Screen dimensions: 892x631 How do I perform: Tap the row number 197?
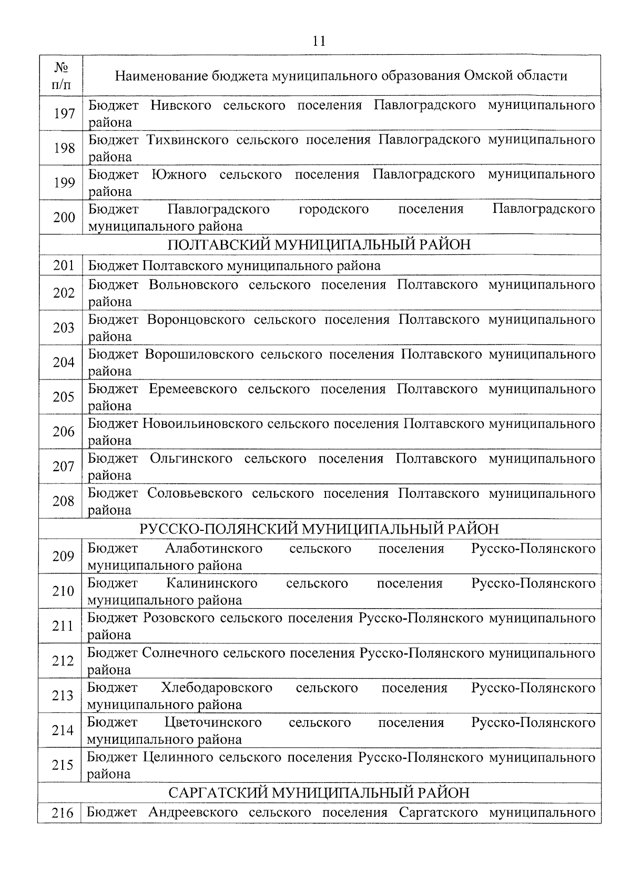point(64,113)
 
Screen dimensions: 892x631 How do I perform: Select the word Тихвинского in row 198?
point(188,140)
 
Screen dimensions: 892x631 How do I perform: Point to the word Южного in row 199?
point(179,175)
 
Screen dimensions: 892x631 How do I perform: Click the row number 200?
point(64,217)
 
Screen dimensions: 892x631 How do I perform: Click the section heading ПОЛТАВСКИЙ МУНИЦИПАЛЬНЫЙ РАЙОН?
point(319,245)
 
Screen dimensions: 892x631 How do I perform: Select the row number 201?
point(64,265)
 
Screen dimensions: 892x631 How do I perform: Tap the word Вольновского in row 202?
point(194,285)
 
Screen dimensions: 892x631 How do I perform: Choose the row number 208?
point(64,501)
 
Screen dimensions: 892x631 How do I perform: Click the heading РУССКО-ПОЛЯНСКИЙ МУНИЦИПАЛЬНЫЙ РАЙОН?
point(319,529)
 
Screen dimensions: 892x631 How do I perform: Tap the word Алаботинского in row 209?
point(213,549)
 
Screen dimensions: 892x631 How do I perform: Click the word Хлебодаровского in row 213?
point(217,688)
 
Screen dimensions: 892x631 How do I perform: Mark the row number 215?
point(63,765)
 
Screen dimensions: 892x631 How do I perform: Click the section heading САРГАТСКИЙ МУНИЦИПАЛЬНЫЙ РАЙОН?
point(319,792)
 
